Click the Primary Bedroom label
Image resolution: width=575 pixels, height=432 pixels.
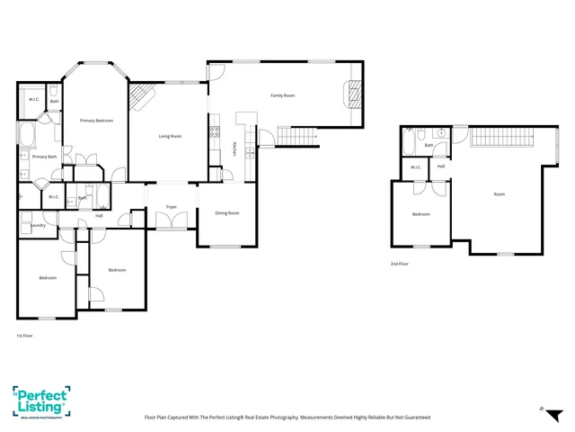[x=96, y=120]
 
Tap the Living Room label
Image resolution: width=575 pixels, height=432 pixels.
[x=170, y=136]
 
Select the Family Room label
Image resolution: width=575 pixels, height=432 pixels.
[x=283, y=95]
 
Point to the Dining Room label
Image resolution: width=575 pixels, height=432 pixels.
[x=226, y=213]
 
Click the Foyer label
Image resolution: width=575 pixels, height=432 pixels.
[x=171, y=207]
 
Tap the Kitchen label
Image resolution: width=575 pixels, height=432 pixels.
[x=234, y=148]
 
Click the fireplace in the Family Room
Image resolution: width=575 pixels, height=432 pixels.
[x=355, y=93]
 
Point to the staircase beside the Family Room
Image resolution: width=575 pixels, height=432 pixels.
[x=297, y=136]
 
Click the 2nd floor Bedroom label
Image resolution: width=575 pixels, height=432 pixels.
[x=420, y=214]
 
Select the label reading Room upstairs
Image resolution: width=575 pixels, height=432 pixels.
[x=499, y=193]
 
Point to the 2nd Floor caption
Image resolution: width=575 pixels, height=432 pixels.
[x=399, y=264]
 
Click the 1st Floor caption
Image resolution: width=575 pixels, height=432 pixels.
[x=24, y=335]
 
